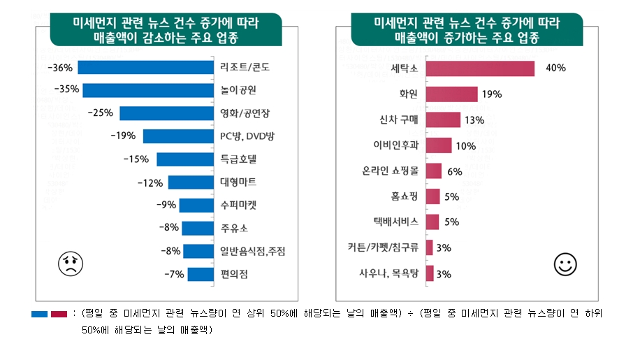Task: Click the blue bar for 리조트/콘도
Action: click(145, 68)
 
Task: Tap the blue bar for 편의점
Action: click(200, 274)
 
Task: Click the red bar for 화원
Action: click(451, 94)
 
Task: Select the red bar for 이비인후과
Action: click(439, 145)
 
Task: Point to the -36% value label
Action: click(59, 68)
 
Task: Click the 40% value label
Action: click(555, 69)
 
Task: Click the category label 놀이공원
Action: click(238, 90)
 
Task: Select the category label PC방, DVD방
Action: click(247, 136)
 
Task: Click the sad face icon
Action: click(71, 264)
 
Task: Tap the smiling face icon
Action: click(565, 264)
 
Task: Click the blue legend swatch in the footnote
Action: click(39, 315)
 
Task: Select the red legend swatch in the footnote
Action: click(59, 315)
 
